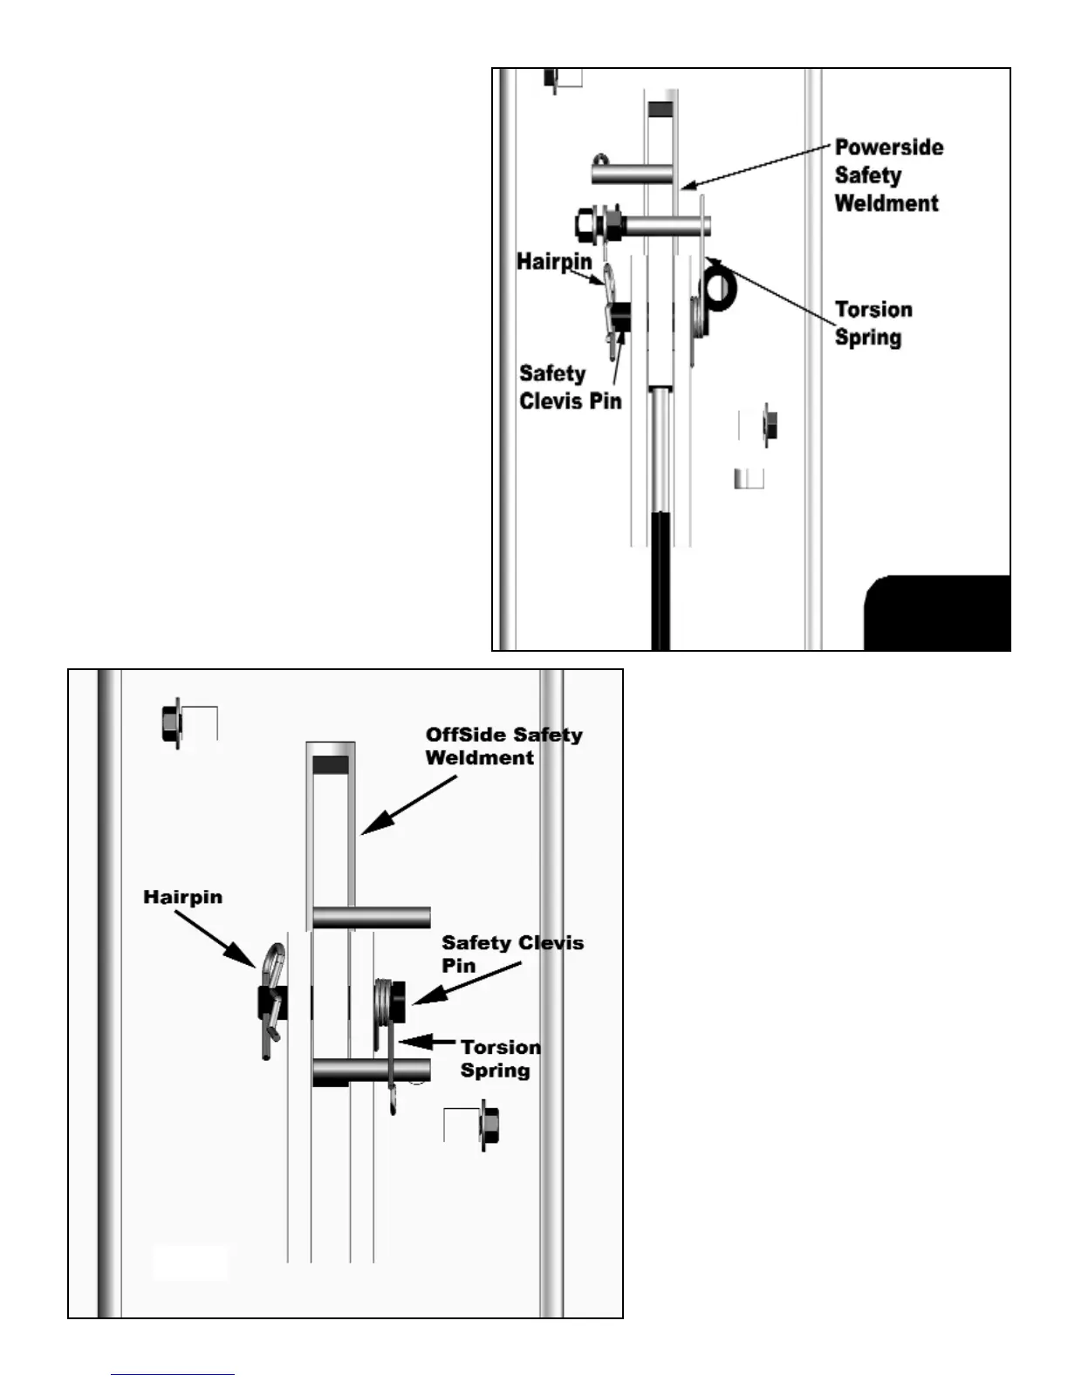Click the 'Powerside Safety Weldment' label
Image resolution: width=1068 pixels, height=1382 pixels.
tap(888, 175)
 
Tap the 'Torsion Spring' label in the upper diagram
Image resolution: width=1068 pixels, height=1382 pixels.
tap(873, 324)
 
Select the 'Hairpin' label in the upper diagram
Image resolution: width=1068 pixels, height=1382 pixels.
tap(554, 262)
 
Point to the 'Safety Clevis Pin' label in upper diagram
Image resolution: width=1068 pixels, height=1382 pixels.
tap(570, 387)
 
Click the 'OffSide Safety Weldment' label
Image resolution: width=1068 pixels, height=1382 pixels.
tap(503, 746)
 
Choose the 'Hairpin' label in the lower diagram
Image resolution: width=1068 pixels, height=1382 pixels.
tap(182, 897)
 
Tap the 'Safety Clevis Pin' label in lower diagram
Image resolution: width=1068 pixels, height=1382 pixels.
tap(512, 954)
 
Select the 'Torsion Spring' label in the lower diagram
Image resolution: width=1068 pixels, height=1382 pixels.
tap(500, 1058)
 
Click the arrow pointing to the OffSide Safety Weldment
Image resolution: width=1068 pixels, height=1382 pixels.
tap(408, 805)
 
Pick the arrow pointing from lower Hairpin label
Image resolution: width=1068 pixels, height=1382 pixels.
tap(222, 939)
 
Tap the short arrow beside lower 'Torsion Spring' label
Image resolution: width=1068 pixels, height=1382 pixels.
tap(428, 1041)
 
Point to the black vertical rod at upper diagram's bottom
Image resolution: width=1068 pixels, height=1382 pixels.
tap(661, 580)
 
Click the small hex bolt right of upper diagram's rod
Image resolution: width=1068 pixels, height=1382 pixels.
tap(770, 426)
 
